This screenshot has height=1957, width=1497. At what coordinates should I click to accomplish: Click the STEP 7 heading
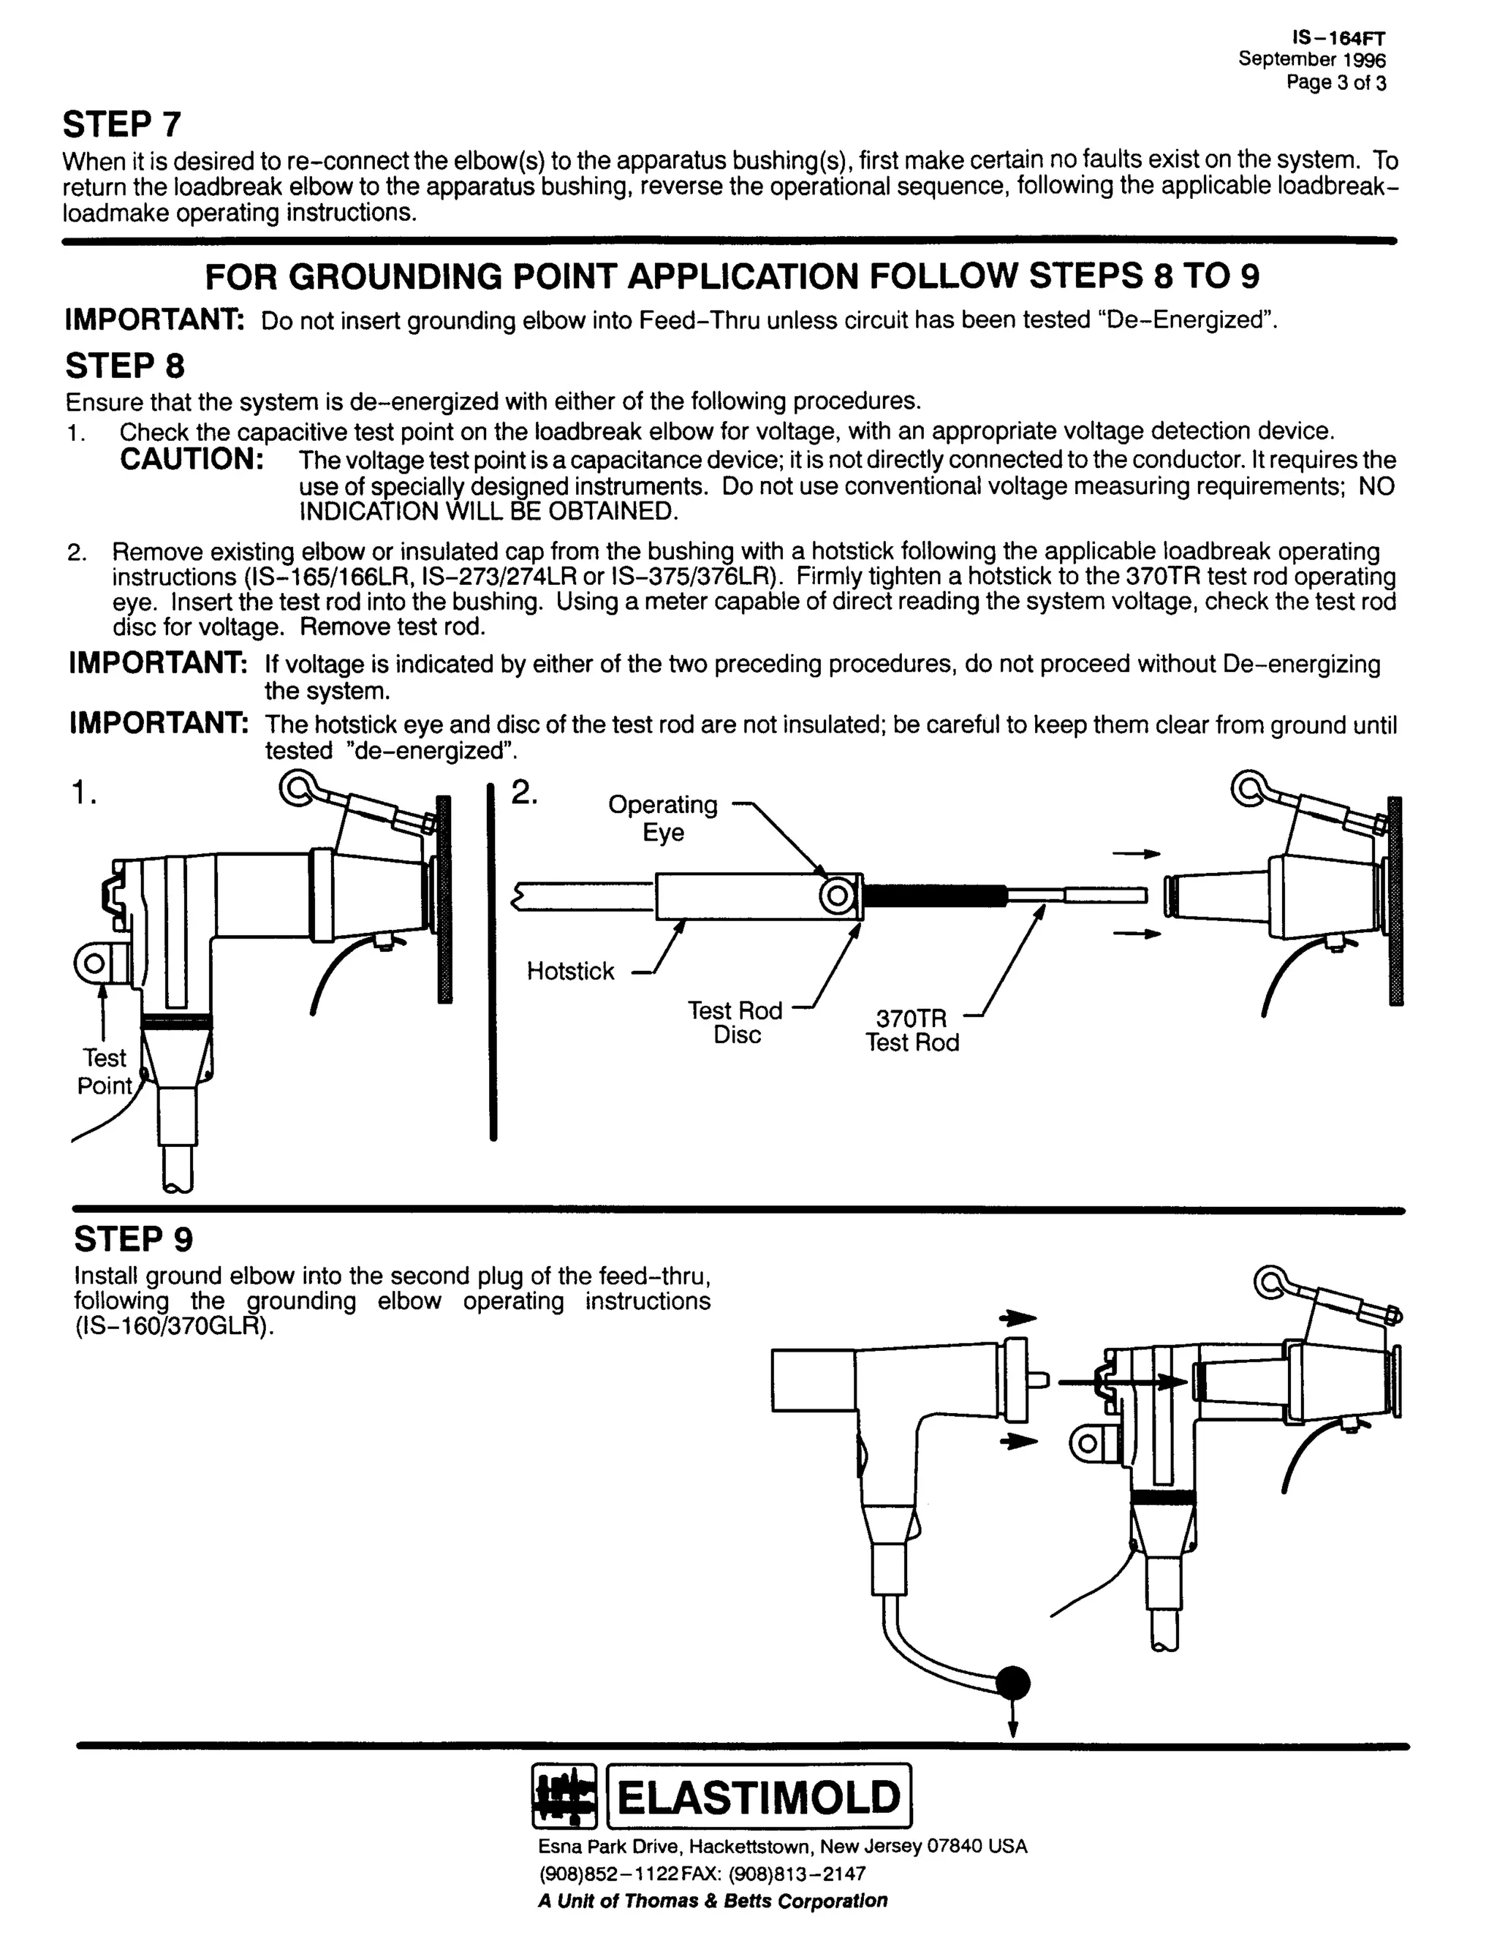tap(122, 125)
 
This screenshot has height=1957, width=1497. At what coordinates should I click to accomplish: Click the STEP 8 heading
tap(125, 366)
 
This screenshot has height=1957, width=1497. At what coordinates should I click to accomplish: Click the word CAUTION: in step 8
tap(192, 460)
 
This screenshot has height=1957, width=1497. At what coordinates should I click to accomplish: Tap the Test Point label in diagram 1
tap(105, 1072)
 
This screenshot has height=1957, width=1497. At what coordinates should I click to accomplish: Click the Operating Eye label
tap(662, 818)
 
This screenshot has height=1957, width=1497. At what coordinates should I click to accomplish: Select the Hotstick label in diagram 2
tap(570, 972)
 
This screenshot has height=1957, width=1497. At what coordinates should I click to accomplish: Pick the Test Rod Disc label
tap(735, 1023)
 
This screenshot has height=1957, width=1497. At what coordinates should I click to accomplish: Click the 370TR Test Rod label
tap(912, 1031)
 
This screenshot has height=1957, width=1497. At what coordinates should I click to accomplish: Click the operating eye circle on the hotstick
tap(838, 896)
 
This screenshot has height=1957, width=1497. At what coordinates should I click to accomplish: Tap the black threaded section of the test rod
tap(935, 895)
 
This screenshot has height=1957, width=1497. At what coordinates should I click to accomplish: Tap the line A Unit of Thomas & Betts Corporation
tap(713, 1901)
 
